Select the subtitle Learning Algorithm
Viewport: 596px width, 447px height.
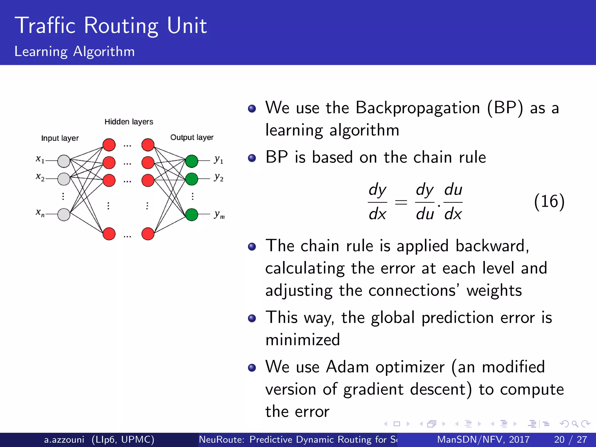click(74, 52)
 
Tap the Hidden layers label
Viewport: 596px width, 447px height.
click(129, 122)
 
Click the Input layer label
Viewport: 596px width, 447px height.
click(60, 138)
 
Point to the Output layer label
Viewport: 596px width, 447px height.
click(191, 137)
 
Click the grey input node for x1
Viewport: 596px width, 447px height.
click(64, 161)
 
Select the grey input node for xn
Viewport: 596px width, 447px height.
click(64, 214)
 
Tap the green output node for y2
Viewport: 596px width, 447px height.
click(191, 179)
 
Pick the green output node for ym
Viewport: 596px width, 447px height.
click(191, 214)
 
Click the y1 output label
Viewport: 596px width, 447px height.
click(219, 160)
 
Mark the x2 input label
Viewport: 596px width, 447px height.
click(40, 177)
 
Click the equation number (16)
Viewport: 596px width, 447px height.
click(549, 201)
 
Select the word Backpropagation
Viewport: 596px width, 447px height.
click(418, 108)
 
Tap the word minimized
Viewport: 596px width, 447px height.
click(303, 340)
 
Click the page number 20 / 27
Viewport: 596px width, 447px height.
click(570, 439)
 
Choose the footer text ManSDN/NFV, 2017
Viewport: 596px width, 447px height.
click(483, 439)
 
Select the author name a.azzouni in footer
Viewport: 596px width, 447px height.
click(64, 439)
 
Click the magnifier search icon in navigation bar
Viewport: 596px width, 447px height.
click(575, 424)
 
